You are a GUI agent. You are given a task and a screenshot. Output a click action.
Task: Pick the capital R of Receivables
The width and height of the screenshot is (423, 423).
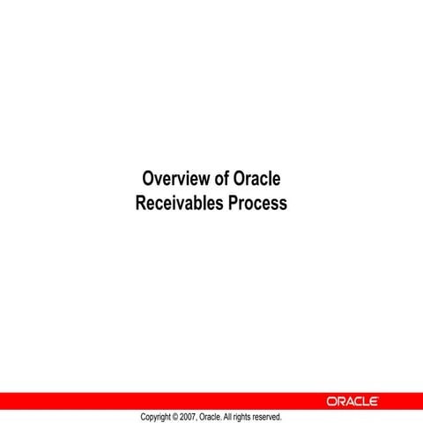coord(141,203)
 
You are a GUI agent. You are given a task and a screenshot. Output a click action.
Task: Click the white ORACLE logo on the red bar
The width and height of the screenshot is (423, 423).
coord(352,401)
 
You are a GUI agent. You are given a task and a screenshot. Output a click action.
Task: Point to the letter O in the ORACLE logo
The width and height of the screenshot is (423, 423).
coord(332,401)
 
